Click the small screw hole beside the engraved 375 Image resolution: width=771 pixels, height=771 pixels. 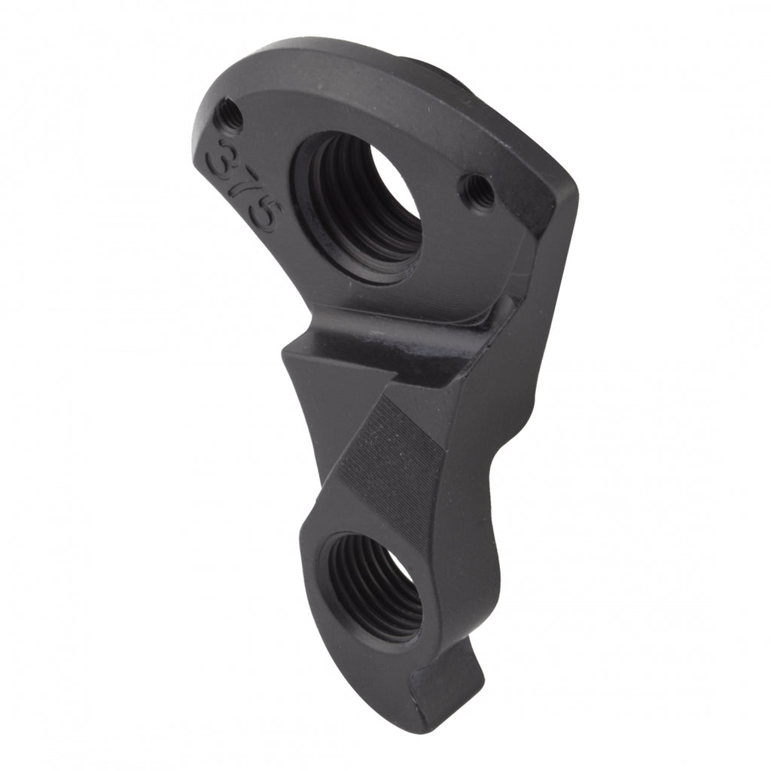click(x=230, y=117)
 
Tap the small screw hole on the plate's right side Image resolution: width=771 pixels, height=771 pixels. click(x=477, y=192)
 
